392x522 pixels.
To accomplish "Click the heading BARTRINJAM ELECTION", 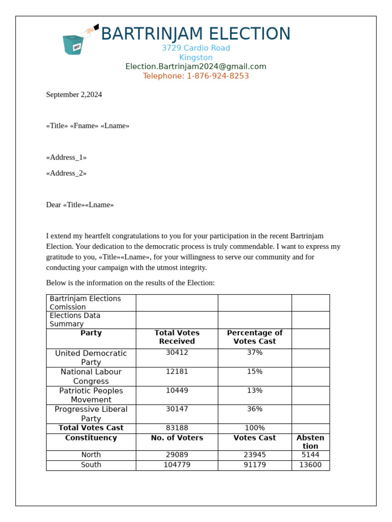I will (195, 34).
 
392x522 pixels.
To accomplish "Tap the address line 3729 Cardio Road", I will (195, 48).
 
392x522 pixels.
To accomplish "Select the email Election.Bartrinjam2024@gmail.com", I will (195, 67).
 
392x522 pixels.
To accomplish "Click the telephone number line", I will (195, 76).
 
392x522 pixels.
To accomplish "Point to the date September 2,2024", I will (74, 94).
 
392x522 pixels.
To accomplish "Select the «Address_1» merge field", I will (66, 158).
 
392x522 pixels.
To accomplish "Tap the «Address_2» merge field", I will (66, 173).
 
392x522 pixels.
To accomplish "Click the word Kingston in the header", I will (195, 58).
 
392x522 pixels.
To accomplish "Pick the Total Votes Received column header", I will (177, 337).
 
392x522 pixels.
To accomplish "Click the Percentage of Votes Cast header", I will (254, 337).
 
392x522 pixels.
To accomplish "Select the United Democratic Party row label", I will (91, 357).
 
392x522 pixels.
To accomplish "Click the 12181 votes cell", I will (177, 372).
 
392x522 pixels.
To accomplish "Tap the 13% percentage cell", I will (254, 390).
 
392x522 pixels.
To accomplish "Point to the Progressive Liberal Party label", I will (91, 413).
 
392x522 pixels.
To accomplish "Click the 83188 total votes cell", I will (177, 428).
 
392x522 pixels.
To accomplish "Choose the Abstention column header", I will (310, 441).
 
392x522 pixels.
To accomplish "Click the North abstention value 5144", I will (310, 455).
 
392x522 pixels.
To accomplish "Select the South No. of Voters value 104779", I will (177, 465).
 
